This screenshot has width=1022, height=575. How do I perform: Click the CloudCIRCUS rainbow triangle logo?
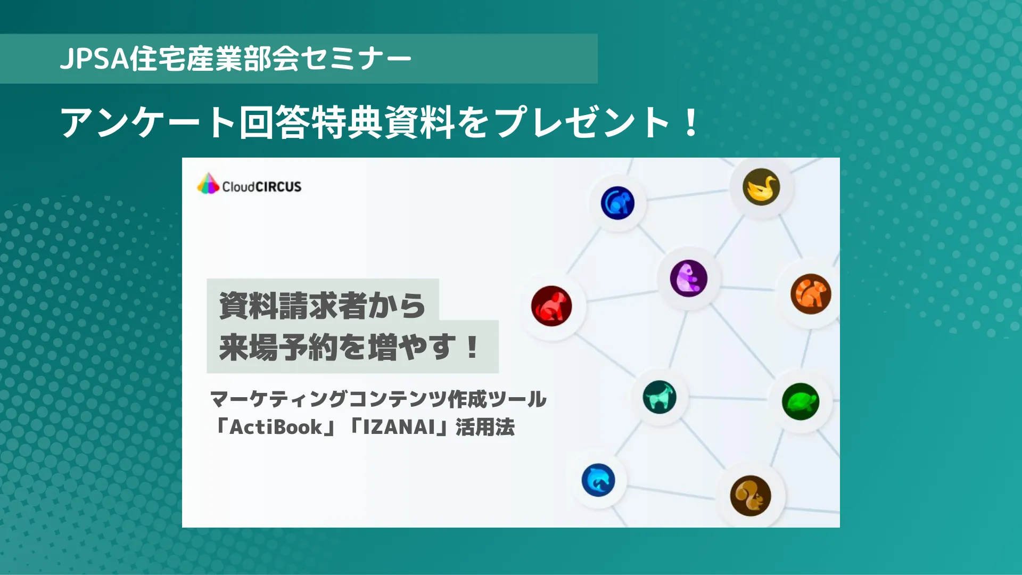point(208,184)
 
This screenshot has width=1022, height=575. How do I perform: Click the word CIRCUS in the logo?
point(278,187)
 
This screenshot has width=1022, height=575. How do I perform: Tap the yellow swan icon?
point(761,187)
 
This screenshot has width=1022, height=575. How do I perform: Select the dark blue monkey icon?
point(617,203)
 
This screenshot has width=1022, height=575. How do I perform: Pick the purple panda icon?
point(689,278)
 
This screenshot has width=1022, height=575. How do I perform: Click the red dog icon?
point(551,306)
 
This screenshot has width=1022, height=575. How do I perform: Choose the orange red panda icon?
point(811,294)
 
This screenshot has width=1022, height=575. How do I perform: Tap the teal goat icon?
point(660,397)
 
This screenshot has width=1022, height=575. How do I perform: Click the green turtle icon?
point(801,401)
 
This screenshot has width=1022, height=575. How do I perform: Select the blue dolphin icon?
point(598,480)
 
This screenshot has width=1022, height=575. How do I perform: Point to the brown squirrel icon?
point(751,496)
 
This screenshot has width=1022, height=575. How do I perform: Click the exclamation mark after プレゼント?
point(691,122)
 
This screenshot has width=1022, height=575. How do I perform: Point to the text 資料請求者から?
point(322,306)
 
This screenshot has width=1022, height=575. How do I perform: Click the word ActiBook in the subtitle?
point(276,427)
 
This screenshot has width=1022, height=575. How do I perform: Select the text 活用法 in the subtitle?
point(485,427)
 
